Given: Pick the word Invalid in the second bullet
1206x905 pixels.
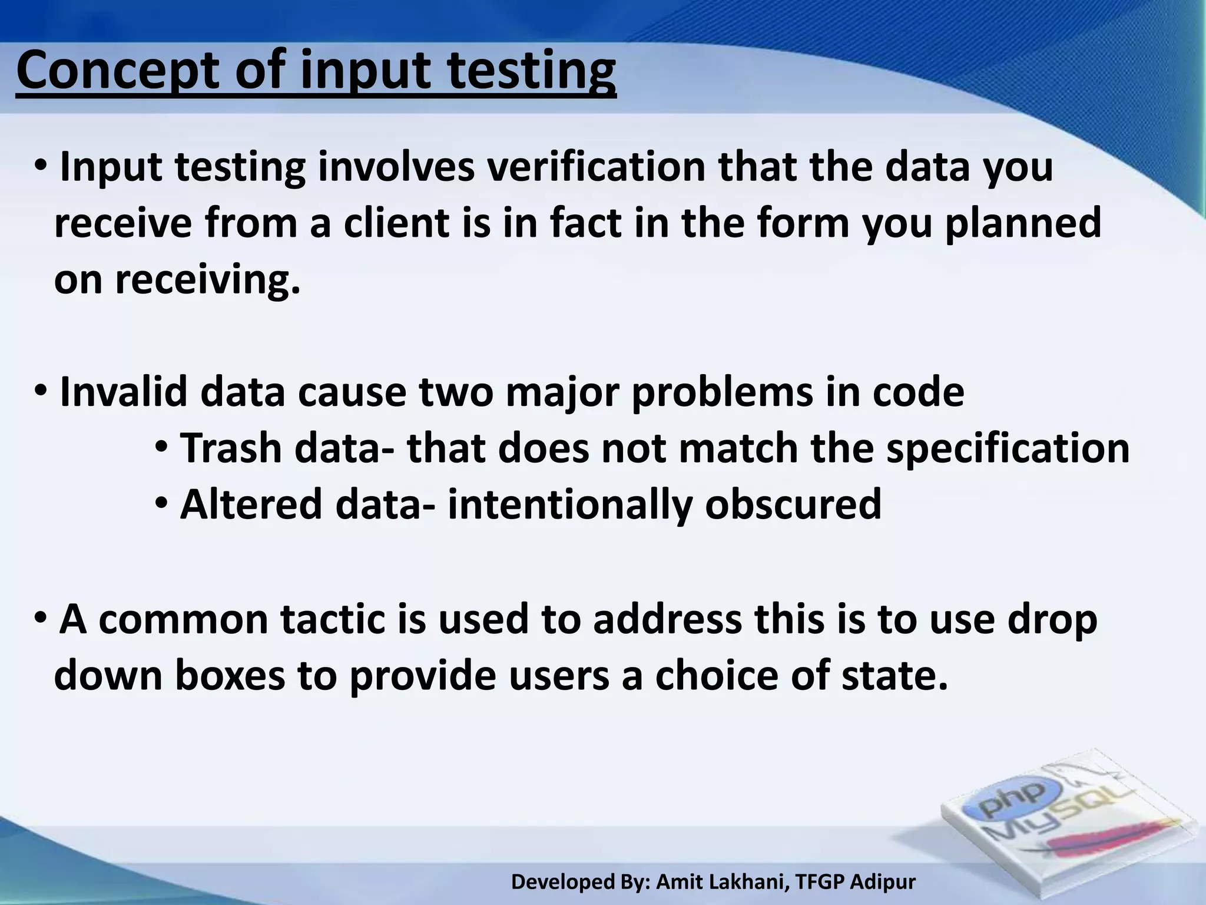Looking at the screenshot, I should pyautogui.click(x=124, y=392).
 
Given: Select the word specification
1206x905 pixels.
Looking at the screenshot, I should pyautogui.click(x=1008, y=448).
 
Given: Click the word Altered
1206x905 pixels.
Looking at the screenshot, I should pyautogui.click(x=251, y=504).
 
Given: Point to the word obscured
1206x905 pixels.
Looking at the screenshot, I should pyautogui.click(x=793, y=504).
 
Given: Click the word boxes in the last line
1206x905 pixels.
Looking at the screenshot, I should pyautogui.click(x=230, y=676).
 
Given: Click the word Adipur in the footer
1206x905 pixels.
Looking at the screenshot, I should pyautogui.click(x=883, y=882).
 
